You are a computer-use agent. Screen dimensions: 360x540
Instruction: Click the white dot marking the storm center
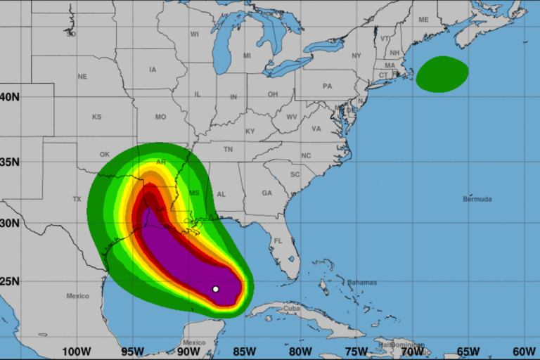pos(216,289)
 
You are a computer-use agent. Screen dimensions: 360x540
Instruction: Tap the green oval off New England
pos(442,74)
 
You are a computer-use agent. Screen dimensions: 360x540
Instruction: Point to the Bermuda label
pos(477,199)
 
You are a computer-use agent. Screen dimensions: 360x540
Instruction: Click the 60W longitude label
pos(524,352)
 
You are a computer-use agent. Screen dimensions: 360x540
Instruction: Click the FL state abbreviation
pos(278,241)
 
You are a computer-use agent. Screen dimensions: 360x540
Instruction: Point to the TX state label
pos(77,199)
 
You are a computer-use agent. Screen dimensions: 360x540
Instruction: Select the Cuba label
pos(292,309)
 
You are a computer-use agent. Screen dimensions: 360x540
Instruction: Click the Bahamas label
pos(361,283)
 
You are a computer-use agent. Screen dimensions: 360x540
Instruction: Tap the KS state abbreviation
pos(96,117)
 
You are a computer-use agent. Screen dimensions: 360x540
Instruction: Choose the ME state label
pos(423,20)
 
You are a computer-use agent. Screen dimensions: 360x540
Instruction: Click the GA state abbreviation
pos(266,193)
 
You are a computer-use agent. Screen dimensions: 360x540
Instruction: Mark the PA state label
pos(327,86)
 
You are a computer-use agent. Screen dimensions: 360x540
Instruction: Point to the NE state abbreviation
pos(82,77)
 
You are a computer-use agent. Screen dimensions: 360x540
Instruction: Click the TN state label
pos(228,150)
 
